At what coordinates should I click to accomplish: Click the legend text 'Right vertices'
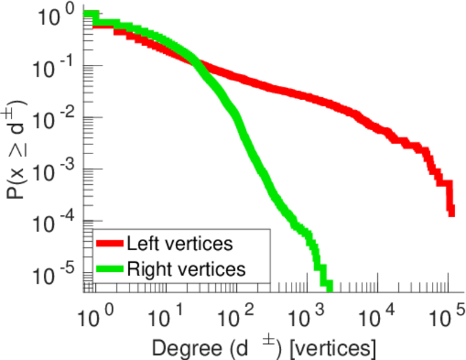185,269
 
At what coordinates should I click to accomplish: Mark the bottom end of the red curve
451,212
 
